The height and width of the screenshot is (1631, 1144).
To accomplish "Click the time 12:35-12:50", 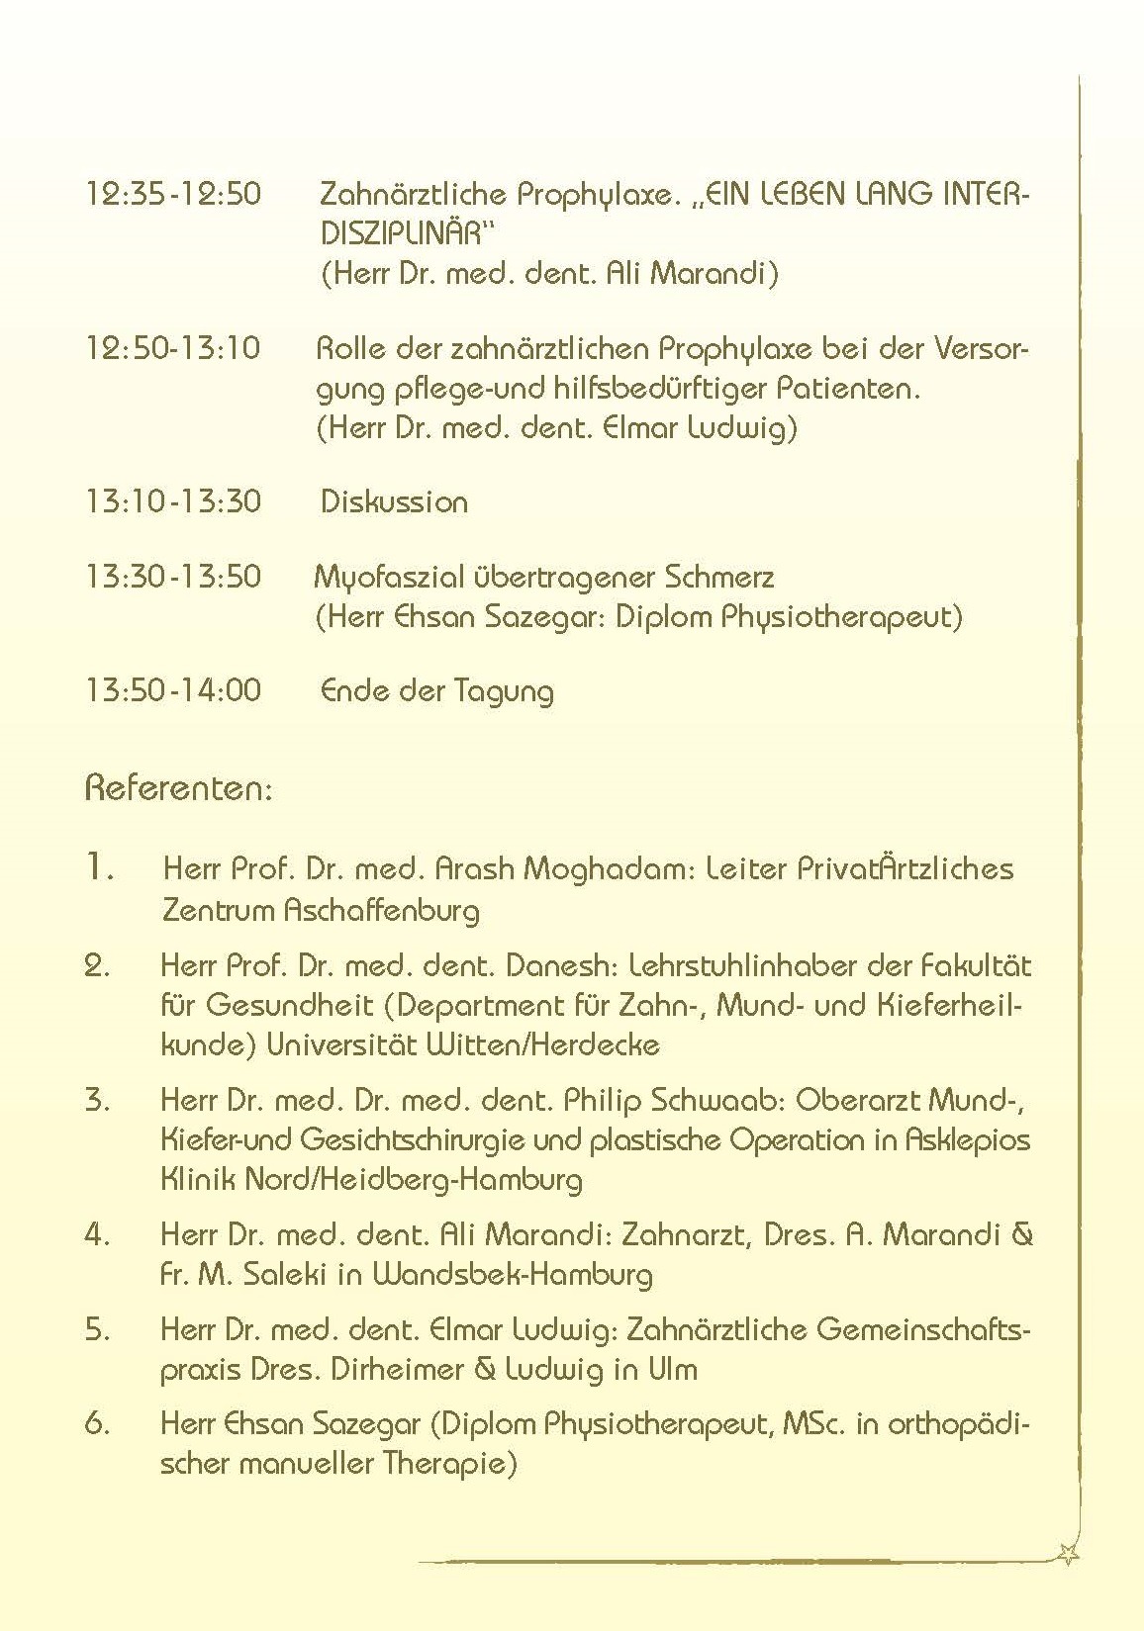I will tap(174, 193).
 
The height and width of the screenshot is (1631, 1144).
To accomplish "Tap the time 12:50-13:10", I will tap(174, 348).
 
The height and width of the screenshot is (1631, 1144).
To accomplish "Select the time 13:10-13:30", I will tap(174, 501).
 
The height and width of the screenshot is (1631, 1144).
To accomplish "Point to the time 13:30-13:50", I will tap(174, 577).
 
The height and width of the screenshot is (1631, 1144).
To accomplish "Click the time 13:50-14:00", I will tap(174, 689).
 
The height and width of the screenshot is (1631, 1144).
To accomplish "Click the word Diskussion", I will tap(394, 501).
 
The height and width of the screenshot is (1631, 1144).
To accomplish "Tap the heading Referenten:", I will tap(179, 788).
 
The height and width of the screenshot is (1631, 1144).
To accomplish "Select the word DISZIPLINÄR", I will tap(407, 233).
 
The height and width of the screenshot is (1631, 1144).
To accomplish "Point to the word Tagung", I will tap(505, 691).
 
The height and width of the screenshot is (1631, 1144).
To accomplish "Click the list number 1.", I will tap(99, 868).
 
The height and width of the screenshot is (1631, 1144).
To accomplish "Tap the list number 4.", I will tap(97, 1234).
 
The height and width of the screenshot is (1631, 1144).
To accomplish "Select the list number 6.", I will tap(97, 1424).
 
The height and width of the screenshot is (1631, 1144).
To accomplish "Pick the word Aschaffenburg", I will tap(381, 910).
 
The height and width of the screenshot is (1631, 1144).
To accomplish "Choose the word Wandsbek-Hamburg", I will tap(513, 1274).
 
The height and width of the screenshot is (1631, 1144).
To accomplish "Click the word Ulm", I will tap(673, 1369).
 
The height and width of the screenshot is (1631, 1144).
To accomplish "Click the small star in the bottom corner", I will tap(1068, 1555).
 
